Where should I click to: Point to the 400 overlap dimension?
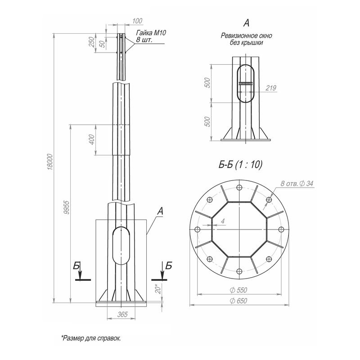click(x=92, y=140)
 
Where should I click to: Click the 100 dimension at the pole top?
click(x=138, y=21)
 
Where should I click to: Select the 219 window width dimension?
click(x=270, y=88)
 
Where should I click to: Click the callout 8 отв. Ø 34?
click(x=296, y=184)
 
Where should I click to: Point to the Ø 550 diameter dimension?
click(x=239, y=290)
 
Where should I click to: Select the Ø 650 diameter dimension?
click(x=239, y=301)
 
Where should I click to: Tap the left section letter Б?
click(x=77, y=266)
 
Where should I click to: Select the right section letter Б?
click(x=168, y=266)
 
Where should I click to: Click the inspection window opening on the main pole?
click(x=121, y=247)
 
